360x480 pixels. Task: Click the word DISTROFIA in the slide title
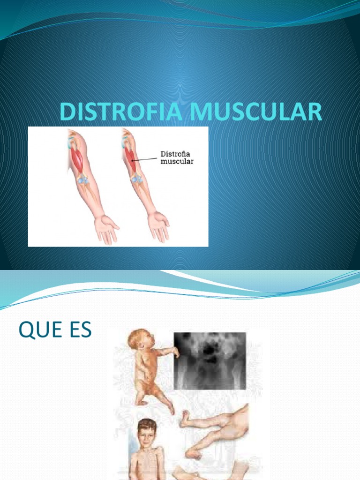pyautogui.click(x=120, y=113)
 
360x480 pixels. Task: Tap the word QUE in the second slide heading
pyautogui.click(x=40, y=330)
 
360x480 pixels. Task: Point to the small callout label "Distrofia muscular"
pyautogui.click(x=177, y=157)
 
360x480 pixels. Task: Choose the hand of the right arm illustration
pyautogui.click(x=158, y=225)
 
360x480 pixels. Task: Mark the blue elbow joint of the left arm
pyautogui.click(x=82, y=180)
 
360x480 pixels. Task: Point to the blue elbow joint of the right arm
pyautogui.click(x=136, y=179)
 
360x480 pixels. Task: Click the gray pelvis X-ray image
pyautogui.click(x=210, y=360)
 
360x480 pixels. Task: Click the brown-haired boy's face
pyautogui.click(x=146, y=436)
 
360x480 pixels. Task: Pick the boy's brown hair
pyautogui.click(x=147, y=425)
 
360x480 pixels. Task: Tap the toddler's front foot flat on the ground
pyautogui.click(x=140, y=402)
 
